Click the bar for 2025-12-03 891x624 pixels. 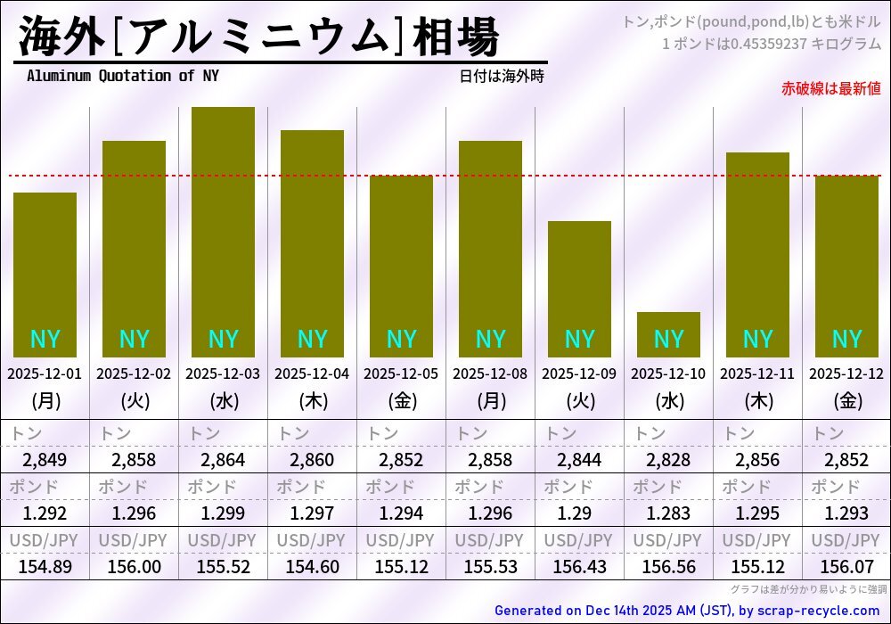(x=223, y=232)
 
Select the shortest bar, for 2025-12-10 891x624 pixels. (x=668, y=334)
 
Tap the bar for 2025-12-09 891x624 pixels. (x=579, y=289)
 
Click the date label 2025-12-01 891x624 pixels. (x=45, y=374)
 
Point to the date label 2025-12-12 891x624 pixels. (x=846, y=374)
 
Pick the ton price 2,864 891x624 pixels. (x=223, y=460)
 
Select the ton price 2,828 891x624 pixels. (x=668, y=460)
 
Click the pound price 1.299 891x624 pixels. (x=223, y=513)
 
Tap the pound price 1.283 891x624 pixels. (x=668, y=513)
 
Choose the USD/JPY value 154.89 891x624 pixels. (x=45, y=566)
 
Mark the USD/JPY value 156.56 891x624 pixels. (x=668, y=566)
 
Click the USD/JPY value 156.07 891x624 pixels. (x=846, y=566)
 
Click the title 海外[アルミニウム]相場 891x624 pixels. (x=258, y=37)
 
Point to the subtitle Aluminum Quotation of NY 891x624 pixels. (x=122, y=76)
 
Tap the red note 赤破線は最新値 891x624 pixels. (x=830, y=88)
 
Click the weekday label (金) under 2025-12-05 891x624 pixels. (x=401, y=401)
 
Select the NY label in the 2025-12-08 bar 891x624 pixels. (x=490, y=340)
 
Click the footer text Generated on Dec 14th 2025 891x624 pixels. (x=686, y=611)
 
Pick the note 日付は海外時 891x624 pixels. (x=502, y=76)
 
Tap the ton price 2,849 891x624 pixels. (x=45, y=460)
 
